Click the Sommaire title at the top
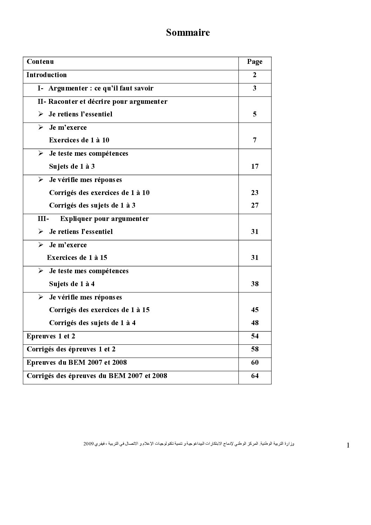pyautogui.click(x=188, y=33)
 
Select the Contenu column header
pyautogui.click(x=40, y=62)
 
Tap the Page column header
pyautogui.click(x=255, y=62)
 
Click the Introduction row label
pyautogui.click(x=46, y=75)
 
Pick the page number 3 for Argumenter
pyautogui.click(x=255, y=88)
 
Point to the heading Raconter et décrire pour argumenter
pyautogui.click(x=102, y=101)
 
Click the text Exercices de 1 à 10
pyautogui.click(x=79, y=140)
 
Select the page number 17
pyautogui.click(x=255, y=166)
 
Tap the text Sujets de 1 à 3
pyautogui.click(x=72, y=166)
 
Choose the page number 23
pyautogui.click(x=255, y=193)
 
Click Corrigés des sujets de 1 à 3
pyautogui.click(x=92, y=205)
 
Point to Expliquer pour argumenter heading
pyautogui.click(x=104, y=218)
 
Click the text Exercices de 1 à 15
pyautogui.click(x=77, y=257)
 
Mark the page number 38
pyautogui.click(x=255, y=284)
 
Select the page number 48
pyautogui.click(x=255, y=323)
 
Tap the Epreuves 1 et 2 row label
pyautogui.click(x=51, y=336)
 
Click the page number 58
pyautogui.click(x=255, y=349)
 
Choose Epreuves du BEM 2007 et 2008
pyautogui.click(x=76, y=362)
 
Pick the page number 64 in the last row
pyautogui.click(x=255, y=376)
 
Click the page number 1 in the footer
pyautogui.click(x=348, y=445)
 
